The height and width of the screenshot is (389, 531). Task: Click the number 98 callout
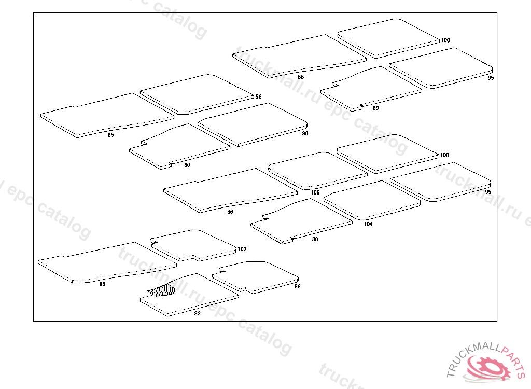258,97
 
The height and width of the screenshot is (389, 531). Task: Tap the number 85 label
110,135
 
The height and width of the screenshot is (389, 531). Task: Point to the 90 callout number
305,133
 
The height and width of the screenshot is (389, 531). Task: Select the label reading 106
315,192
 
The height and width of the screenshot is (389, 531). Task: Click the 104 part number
368,224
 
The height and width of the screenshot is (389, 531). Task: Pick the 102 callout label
242,249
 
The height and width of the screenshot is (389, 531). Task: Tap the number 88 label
102,284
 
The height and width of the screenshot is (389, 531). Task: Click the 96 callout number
297,286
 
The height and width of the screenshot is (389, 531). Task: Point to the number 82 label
197,313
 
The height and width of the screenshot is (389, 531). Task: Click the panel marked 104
371,200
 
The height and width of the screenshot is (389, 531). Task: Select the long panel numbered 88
104,262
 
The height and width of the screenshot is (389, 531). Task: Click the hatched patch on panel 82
162,291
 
